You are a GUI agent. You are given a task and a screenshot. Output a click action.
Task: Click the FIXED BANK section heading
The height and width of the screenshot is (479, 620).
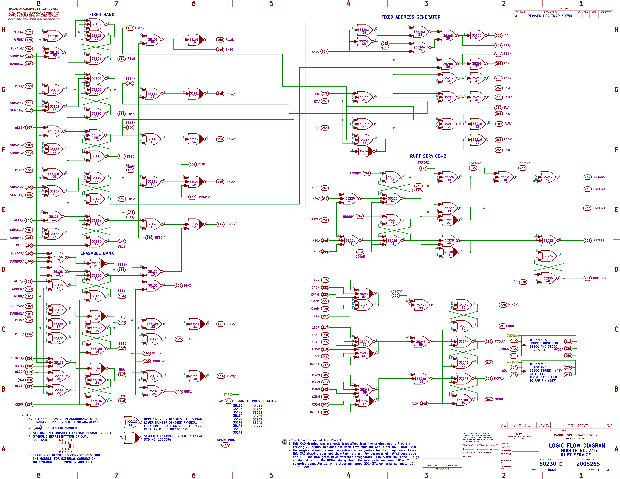[102, 14]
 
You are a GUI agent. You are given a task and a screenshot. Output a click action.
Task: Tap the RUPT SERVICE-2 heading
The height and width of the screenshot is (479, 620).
[428, 156]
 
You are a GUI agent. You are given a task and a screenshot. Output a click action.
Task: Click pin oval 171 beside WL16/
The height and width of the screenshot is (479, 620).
[29, 32]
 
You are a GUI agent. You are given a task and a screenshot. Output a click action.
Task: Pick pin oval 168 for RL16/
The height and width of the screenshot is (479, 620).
[220, 40]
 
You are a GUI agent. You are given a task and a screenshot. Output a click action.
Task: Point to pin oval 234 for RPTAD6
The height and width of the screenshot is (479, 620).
[587, 177]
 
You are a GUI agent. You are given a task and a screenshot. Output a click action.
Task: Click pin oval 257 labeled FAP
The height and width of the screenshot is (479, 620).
[229, 401]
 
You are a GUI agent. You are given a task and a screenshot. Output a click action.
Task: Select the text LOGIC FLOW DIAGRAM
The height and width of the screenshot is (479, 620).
[577, 445]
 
